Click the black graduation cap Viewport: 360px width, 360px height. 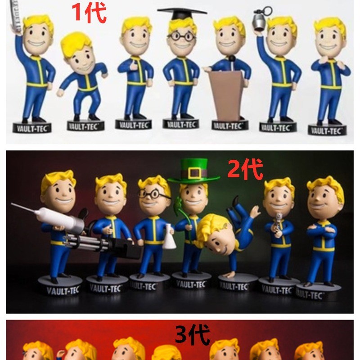pyautogui.click(x=181, y=13)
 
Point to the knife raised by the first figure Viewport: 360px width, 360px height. pyautogui.click(x=16, y=16)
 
